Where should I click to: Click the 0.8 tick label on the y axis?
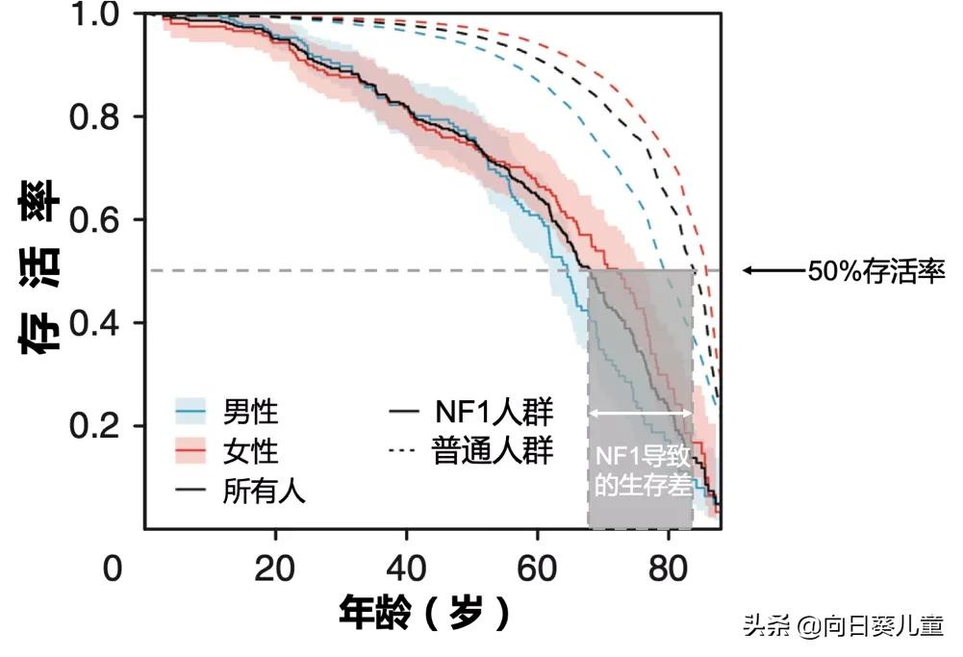93,116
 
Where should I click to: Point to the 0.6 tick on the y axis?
93,219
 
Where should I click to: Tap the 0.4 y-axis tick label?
93,322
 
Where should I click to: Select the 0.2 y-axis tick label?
93,426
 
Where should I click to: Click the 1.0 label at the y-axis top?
93,15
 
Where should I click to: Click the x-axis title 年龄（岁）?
424,612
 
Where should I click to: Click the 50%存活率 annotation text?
876,271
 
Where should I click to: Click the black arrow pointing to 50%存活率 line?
773,271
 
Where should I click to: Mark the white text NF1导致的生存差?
641,470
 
